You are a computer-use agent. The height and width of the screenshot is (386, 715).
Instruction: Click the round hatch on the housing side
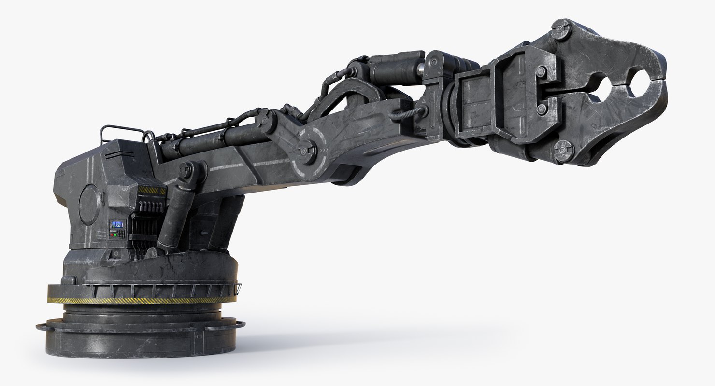click(x=89, y=205)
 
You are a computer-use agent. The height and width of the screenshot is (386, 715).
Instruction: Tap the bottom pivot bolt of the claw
click(x=562, y=151)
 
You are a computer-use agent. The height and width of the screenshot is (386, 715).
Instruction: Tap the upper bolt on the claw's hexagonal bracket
click(x=541, y=72)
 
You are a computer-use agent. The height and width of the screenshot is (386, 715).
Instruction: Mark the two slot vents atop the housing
click(x=114, y=154)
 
